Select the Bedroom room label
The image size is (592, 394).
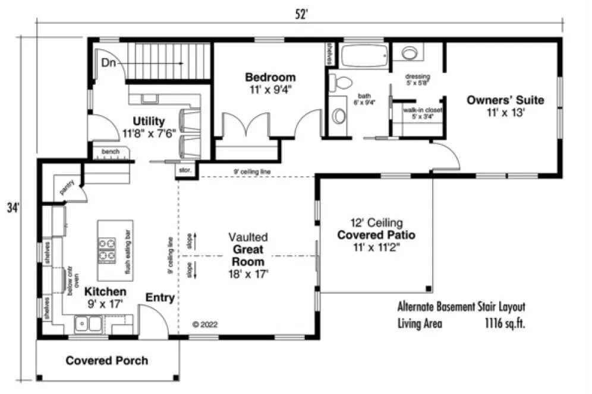click(270, 77)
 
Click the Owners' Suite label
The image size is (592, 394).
click(505, 100)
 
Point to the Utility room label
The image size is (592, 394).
click(149, 122)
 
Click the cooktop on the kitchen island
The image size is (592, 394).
click(106, 249)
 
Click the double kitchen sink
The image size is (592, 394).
click(87, 324)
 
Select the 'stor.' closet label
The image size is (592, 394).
click(184, 170)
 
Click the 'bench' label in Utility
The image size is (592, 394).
click(110, 152)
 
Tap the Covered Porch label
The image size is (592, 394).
click(107, 360)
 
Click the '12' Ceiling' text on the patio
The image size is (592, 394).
click(376, 223)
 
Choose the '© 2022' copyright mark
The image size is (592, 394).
click(205, 325)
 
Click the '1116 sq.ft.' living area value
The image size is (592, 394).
click(505, 324)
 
